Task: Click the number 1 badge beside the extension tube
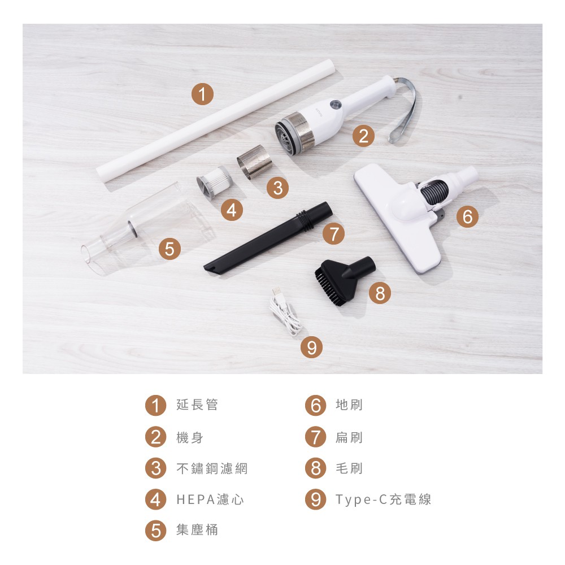coord(202,94)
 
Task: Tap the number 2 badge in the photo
coord(363,136)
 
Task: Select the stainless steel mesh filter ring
coord(254,162)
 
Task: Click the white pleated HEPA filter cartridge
coord(214,182)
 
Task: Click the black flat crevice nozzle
coord(268,237)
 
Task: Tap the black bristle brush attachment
coord(344,280)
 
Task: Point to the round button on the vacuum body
coord(336,105)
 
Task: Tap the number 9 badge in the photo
coord(312,347)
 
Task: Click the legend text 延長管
coord(197,405)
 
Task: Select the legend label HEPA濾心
coord(210,499)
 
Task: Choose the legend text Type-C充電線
coord(384,499)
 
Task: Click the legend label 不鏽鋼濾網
coord(212,468)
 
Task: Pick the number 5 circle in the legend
coord(156,531)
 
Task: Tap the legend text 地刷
coord(349,405)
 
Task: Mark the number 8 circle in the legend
coord(316,468)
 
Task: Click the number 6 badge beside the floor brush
coord(467,216)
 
